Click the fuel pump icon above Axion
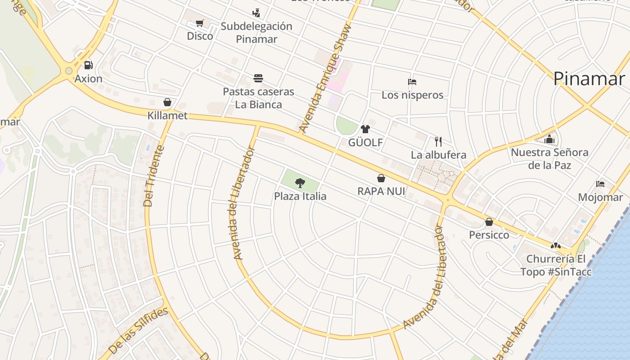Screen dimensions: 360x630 pos(89,65)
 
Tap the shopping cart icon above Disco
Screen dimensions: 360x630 pos(200,23)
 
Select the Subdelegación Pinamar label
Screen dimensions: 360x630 pos(256,32)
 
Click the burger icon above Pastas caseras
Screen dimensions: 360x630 pos(258,78)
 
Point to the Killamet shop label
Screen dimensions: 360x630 pos(167,116)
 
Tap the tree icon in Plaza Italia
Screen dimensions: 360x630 pos(300,183)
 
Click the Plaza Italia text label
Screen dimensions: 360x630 pos(300,196)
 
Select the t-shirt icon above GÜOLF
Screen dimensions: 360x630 pos(365,129)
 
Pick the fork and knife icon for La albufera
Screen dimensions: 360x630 pos(438,142)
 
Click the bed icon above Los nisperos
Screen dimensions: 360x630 pos(412,82)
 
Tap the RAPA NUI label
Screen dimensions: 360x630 pos(381,191)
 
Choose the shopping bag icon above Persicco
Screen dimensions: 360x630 pos(489,222)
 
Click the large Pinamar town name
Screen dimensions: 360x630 pos(589,78)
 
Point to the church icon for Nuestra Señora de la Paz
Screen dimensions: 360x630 pos(549,139)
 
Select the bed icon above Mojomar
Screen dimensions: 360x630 pos(600,184)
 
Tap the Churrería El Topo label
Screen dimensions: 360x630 pos(556,265)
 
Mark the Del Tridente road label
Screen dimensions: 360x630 pos(154,175)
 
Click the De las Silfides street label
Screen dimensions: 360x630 pos(138,330)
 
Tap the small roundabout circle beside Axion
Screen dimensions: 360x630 pos(68,71)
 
